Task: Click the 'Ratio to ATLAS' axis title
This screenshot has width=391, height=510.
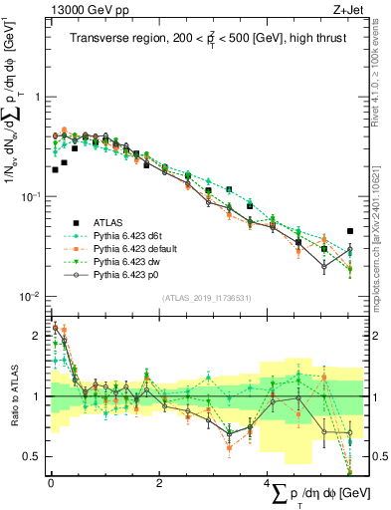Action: click(16, 395)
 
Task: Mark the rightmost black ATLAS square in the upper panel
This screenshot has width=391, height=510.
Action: click(349, 231)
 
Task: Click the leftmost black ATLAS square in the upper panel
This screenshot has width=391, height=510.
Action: click(55, 169)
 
